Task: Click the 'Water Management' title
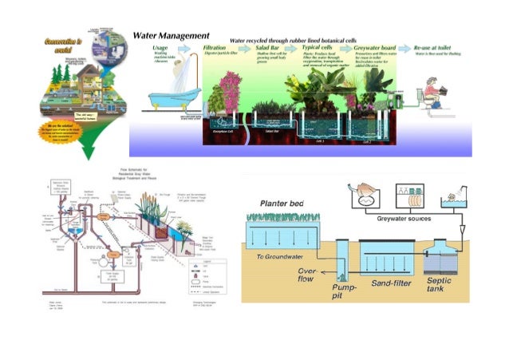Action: pos(171,36)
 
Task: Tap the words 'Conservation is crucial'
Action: pos(59,43)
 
